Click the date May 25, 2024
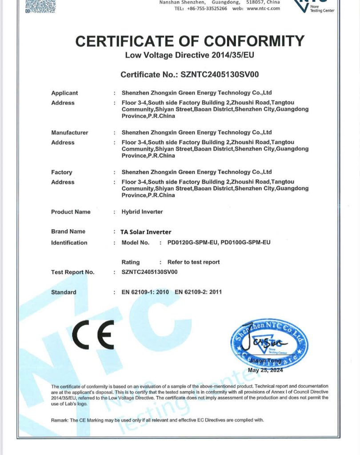(265, 370)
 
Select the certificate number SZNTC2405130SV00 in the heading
(220, 75)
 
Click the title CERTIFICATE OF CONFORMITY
(190, 41)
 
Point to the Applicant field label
(64, 93)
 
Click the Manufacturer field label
(70, 132)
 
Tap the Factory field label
(61, 172)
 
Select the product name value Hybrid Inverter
(142, 212)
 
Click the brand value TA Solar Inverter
(146, 231)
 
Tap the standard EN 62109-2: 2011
(198, 292)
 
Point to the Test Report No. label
(73, 272)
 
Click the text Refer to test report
(193, 262)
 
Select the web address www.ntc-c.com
(263, 8)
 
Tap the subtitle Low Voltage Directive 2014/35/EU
(190, 56)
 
